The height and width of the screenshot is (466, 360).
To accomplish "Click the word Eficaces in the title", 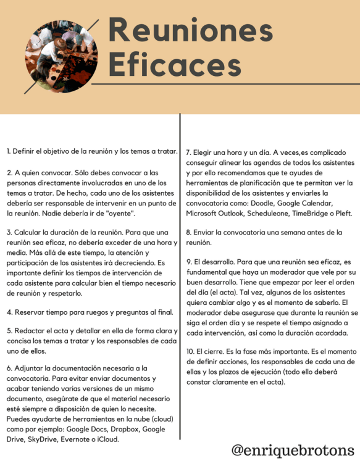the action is (175, 64).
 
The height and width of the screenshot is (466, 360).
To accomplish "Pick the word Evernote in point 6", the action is (86, 440).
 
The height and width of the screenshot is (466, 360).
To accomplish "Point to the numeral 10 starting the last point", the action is (190, 351).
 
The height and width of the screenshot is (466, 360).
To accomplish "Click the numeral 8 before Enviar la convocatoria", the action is (188, 233).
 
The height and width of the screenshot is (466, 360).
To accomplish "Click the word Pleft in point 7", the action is (341, 214).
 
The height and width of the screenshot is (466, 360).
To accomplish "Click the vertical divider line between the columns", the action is (180, 278).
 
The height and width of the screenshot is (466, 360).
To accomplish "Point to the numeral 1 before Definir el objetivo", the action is (9, 151).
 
